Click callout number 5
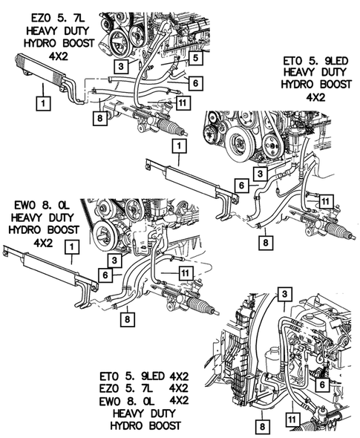click(x=195, y=58)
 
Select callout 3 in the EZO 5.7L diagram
click(x=121, y=66)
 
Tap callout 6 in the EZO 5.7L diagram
click(x=195, y=82)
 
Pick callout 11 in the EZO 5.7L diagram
click(x=183, y=102)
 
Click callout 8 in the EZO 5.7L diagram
click(x=100, y=119)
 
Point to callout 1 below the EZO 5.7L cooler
click(x=43, y=103)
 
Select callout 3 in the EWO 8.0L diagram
click(x=114, y=261)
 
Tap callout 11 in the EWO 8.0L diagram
click(x=186, y=272)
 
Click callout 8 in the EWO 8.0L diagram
click(x=128, y=319)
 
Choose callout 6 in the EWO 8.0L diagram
click(x=105, y=275)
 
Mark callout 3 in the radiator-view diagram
click(x=284, y=294)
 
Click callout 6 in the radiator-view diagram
click(x=322, y=385)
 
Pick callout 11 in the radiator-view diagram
click(x=292, y=419)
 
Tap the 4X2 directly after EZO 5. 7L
click(x=179, y=388)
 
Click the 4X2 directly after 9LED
click(x=179, y=376)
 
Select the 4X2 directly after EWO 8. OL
click(x=179, y=401)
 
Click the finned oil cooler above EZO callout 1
click(x=40, y=69)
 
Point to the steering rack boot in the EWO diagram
click(x=200, y=305)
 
